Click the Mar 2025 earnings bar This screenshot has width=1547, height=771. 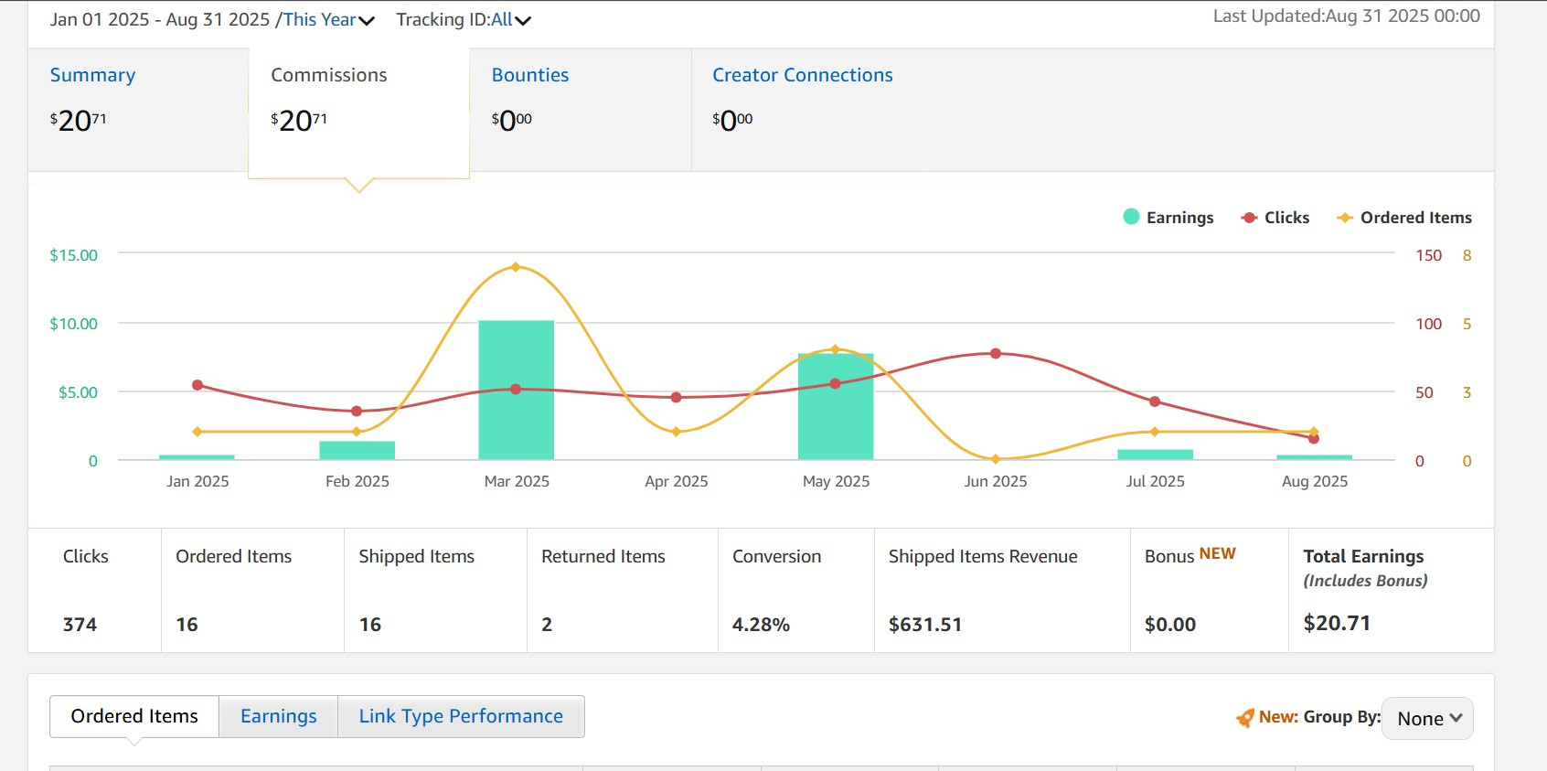click(x=516, y=390)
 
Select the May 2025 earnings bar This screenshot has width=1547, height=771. click(x=836, y=406)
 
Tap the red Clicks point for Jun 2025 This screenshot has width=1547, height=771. click(x=995, y=354)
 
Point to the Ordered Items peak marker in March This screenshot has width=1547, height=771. click(x=516, y=267)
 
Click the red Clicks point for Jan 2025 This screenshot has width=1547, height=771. click(x=197, y=385)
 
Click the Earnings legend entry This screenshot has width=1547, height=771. click(x=1168, y=217)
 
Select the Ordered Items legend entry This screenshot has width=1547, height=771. click(x=1404, y=218)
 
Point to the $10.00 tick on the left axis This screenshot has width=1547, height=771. click(x=74, y=324)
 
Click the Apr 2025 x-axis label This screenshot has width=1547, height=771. click(x=676, y=481)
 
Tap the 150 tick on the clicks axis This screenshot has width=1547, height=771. click(x=1428, y=255)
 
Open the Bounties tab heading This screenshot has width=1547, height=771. click(x=529, y=75)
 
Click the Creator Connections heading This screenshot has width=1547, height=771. click(x=803, y=75)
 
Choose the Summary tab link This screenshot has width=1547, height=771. click(x=92, y=75)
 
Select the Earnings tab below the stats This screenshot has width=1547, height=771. click(x=278, y=716)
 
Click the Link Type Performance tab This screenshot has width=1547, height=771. click(x=461, y=716)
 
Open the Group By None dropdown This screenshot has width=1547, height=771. click(x=1427, y=719)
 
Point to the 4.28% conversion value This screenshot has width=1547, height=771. click(x=761, y=625)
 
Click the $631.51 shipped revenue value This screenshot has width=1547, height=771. click(x=924, y=625)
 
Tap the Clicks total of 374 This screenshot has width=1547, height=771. click(x=80, y=625)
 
